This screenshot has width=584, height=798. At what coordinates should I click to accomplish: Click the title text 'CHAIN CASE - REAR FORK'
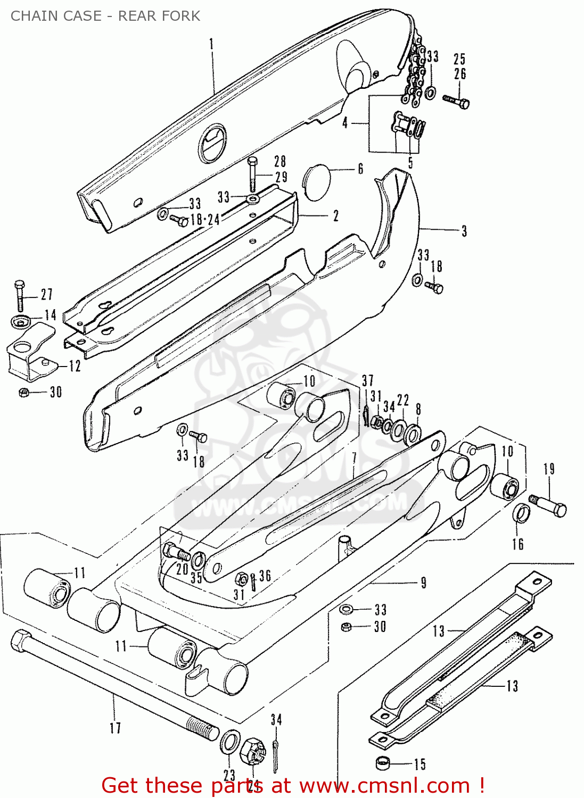coord(105,16)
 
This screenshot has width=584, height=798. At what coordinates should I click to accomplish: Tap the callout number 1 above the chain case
coord(211,44)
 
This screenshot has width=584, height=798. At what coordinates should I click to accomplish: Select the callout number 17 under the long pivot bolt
coord(116,727)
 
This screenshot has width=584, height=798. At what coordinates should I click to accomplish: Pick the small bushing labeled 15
coord(383,764)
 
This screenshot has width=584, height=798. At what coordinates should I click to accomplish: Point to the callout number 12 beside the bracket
coord(75,366)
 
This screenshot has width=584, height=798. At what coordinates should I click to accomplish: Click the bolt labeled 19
coord(548,505)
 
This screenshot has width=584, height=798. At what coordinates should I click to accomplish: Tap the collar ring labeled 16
coord(521,514)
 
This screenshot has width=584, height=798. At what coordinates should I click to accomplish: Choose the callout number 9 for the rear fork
coord(423,583)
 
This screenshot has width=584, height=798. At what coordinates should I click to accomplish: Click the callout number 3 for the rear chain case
coord(464,231)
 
